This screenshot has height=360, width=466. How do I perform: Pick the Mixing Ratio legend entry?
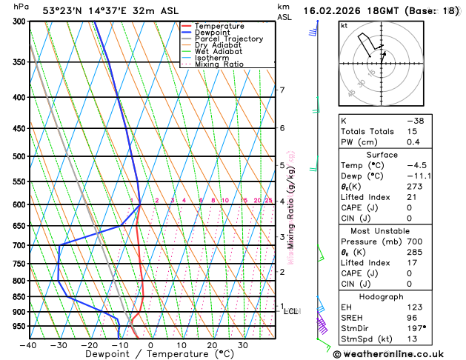click(220, 64)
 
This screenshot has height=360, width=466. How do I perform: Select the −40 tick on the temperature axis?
click(28, 345)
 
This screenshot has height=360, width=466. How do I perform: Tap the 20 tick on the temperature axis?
click(212, 345)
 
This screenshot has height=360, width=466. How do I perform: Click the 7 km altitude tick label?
click(282, 90)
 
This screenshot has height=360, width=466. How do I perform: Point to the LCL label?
click(290, 311)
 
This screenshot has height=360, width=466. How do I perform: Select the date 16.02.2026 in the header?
click(333, 10)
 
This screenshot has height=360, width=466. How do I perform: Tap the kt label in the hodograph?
click(344, 25)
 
